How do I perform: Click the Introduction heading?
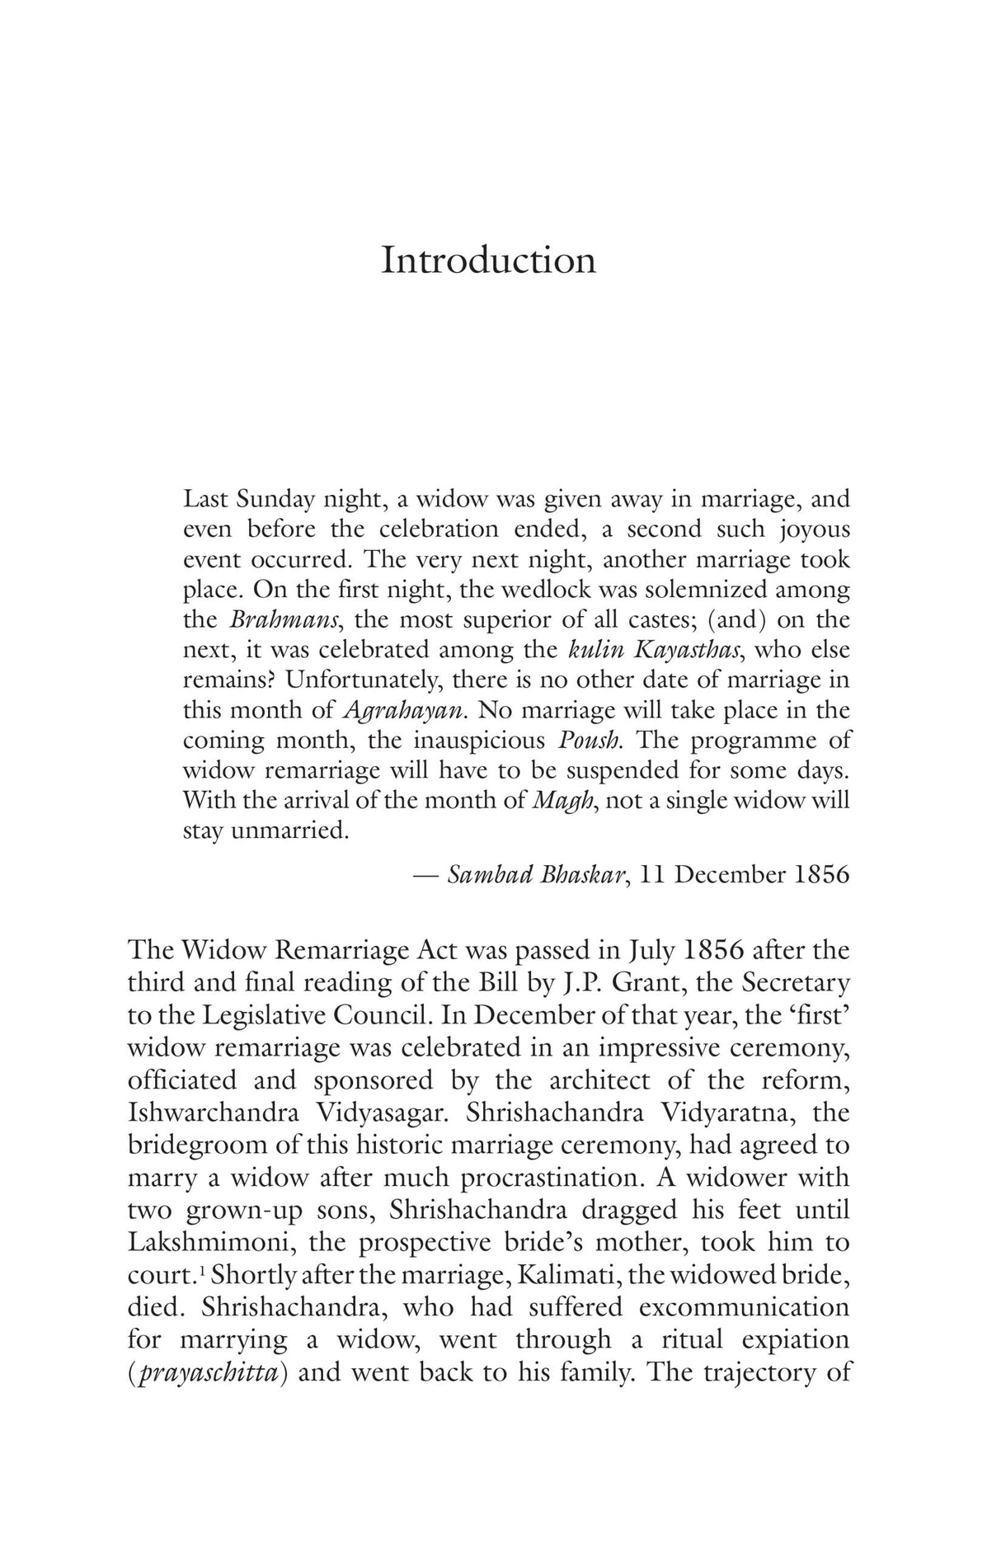tap(488, 261)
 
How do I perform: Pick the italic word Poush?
tap(588, 740)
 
